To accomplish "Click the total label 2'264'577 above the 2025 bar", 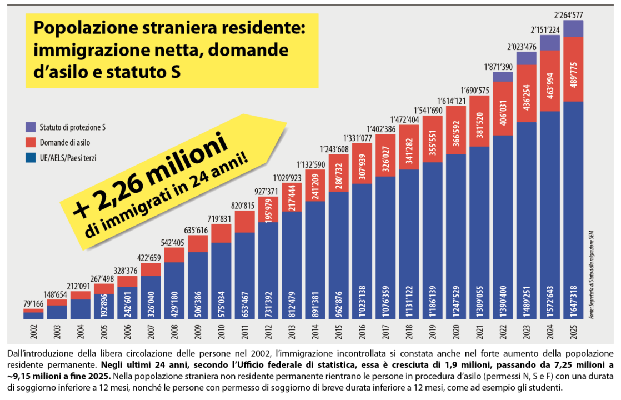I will click(x=574, y=14).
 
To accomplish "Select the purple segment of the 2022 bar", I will click(x=503, y=77).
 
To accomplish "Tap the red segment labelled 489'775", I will click(x=574, y=69).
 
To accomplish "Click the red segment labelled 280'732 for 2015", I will click(x=339, y=173).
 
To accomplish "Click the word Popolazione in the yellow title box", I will click(x=83, y=27).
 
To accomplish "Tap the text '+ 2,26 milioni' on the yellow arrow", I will click(x=151, y=178).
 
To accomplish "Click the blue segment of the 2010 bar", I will click(x=221, y=281).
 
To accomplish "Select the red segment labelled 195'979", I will click(x=268, y=209).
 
